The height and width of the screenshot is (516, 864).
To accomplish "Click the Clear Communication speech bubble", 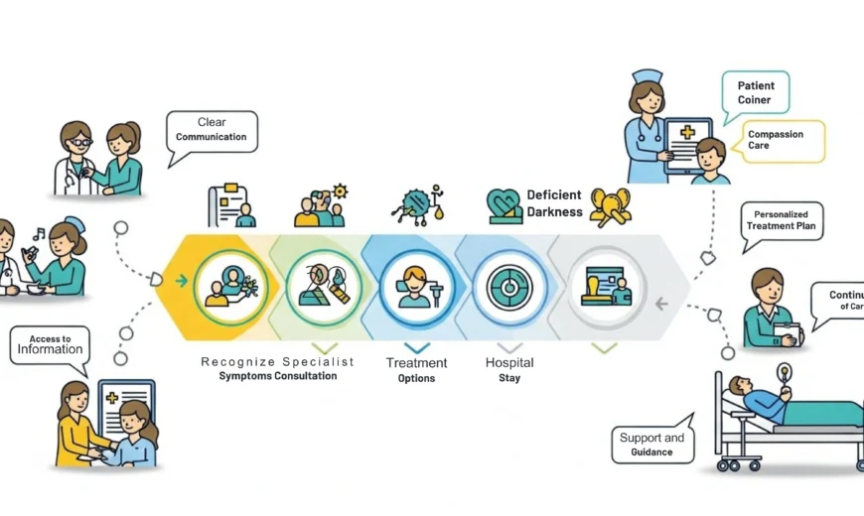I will pyautogui.click(x=212, y=130).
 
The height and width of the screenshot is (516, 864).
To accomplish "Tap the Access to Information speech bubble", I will pyautogui.click(x=50, y=344).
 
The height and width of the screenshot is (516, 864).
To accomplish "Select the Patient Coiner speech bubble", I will pyautogui.click(x=756, y=92).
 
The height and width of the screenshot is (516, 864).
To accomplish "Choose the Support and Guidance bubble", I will pyautogui.click(x=651, y=444).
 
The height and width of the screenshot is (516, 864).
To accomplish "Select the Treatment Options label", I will pyautogui.click(x=416, y=369).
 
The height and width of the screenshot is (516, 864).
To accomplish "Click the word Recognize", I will pyautogui.click(x=238, y=361).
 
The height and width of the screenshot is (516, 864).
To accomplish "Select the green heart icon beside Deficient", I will pyautogui.click(x=504, y=205).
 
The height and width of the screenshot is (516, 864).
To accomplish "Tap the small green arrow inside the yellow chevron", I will pyautogui.click(x=181, y=281).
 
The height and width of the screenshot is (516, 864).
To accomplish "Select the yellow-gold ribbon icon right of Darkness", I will pyautogui.click(x=611, y=205).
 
